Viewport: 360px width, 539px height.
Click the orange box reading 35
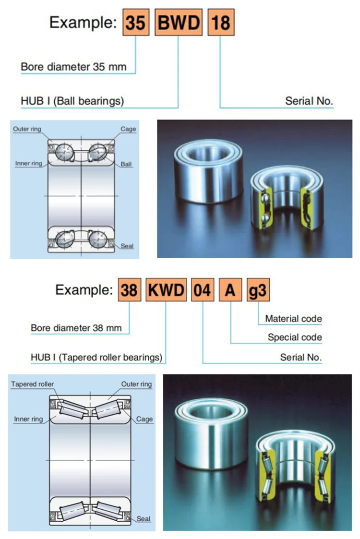pos(135,23)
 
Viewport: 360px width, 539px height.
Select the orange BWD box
pos(179,23)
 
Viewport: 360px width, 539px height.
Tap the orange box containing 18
pos(221,23)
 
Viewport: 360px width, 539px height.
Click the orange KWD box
pos(166,290)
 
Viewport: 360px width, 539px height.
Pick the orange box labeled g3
pos(257,290)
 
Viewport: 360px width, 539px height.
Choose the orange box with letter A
pos(231,290)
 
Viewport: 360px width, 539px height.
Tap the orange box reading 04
pos(202,290)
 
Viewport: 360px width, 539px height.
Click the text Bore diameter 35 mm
pos(73,66)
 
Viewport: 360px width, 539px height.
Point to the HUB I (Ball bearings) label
pos(72,101)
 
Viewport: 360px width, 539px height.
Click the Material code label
pos(293,319)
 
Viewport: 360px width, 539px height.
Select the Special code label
pos(295,337)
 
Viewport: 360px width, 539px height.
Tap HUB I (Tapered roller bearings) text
pos(96,358)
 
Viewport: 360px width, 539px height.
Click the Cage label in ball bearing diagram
pos(128,129)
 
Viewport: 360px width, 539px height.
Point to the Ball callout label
pos(126,164)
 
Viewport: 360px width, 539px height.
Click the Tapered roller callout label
pos(33,384)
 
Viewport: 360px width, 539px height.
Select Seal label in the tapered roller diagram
pos(144,518)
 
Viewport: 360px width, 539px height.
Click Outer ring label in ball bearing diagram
pos(27,129)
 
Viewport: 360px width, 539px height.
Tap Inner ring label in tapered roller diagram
pos(28,419)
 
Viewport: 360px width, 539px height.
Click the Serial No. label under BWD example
pos(309,101)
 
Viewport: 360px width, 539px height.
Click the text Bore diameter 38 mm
pos(76,329)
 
